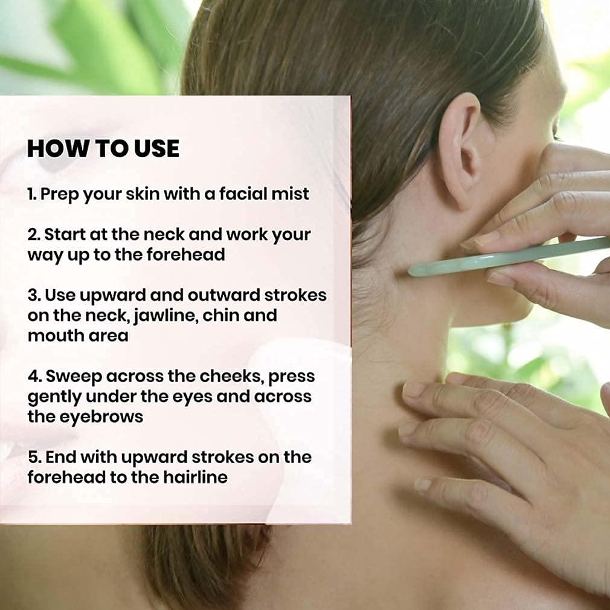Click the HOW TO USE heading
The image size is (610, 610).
[103, 148]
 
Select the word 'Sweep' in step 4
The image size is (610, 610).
[73, 377]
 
